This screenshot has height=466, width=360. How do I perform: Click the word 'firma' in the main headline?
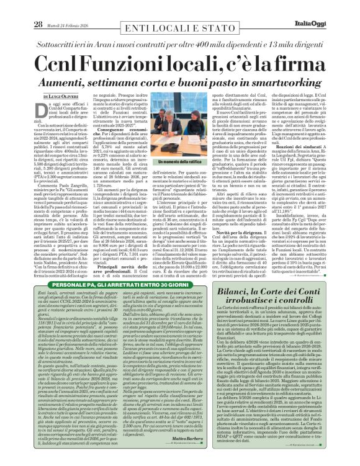(302, 63)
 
